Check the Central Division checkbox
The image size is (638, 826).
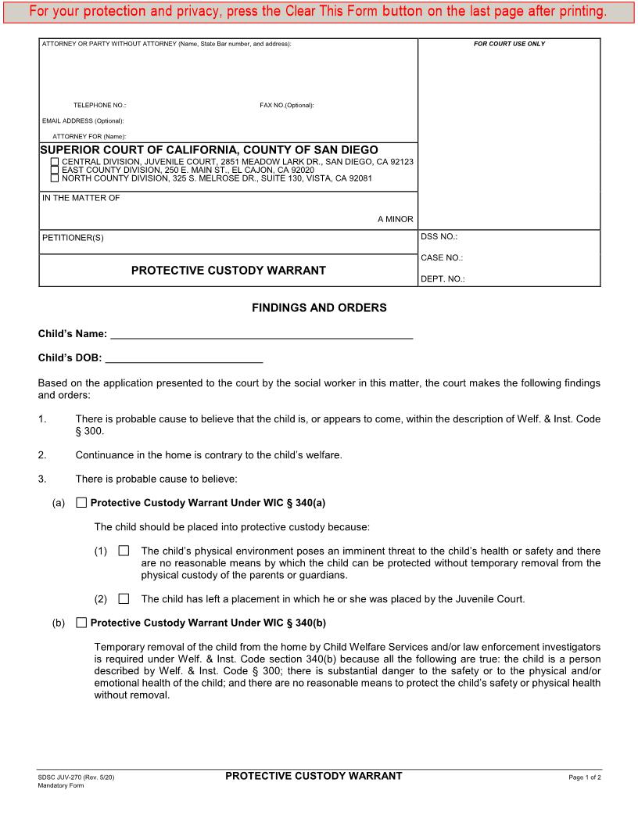click(55, 162)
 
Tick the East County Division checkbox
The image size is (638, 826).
click(55, 170)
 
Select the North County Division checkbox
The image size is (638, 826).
click(55, 178)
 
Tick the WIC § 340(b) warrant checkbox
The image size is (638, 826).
click(82, 623)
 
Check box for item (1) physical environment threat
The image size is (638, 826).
click(124, 551)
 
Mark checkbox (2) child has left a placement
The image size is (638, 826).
click(124, 599)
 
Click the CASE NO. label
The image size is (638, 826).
click(442, 257)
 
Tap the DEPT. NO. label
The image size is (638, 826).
click(443, 278)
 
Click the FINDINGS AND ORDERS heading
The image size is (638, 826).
click(319, 308)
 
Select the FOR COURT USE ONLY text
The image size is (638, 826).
click(509, 44)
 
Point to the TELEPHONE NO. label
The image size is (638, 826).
click(99, 105)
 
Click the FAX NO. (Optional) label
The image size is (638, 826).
click(286, 105)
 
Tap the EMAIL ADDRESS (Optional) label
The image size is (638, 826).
click(83, 120)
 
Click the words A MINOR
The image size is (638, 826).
click(395, 219)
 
